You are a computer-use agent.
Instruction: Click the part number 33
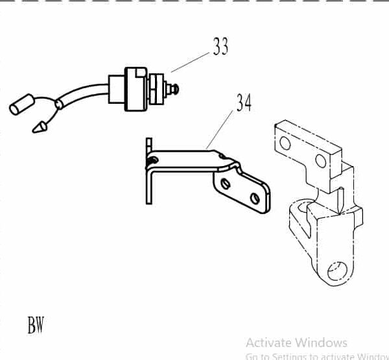[x=220, y=47]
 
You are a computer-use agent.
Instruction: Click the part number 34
[x=243, y=103]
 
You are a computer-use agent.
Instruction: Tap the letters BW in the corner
[x=36, y=324]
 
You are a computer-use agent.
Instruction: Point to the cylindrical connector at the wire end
[x=21, y=106]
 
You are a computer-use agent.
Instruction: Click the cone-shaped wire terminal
[x=40, y=125]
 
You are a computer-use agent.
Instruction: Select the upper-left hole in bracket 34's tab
[x=225, y=183]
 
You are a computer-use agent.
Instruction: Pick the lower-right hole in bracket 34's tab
[x=257, y=196]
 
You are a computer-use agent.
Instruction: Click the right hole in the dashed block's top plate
[x=321, y=160]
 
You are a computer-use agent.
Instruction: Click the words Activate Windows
[x=296, y=342]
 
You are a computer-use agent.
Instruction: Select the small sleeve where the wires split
[x=60, y=103]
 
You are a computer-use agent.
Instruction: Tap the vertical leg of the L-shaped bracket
[x=148, y=182]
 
